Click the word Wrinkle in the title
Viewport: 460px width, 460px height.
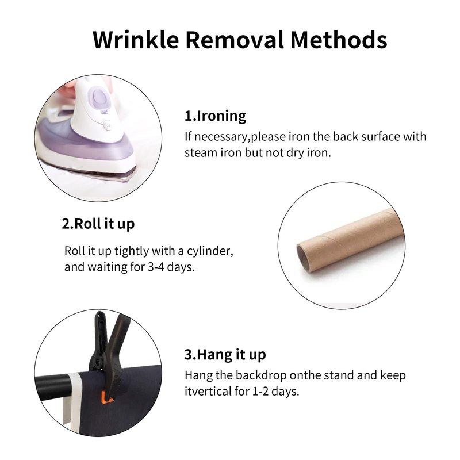point(136,40)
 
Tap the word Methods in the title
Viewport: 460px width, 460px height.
point(339,40)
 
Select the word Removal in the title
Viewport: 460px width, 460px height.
point(235,40)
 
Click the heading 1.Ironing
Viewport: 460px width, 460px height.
point(215,116)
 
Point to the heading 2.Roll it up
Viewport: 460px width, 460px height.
point(98,224)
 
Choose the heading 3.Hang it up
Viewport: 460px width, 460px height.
point(225,355)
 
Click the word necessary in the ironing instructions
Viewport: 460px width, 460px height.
point(221,137)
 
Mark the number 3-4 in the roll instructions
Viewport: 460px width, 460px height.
point(155,267)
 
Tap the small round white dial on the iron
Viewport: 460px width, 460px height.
point(108,125)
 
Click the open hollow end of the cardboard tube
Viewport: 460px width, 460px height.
point(302,258)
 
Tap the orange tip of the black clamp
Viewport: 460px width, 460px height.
point(106,398)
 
